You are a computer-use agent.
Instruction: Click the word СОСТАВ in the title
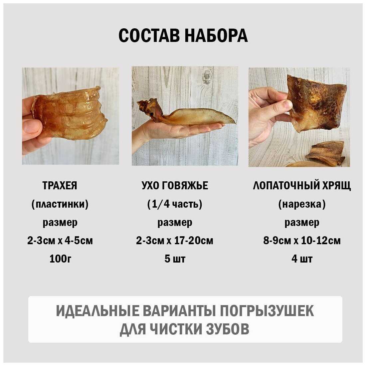[x=149, y=36]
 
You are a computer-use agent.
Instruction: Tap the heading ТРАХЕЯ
[x=60, y=186]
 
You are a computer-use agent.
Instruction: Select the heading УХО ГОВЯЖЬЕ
[x=175, y=186]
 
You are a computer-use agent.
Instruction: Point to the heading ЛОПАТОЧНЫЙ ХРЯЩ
[x=302, y=186]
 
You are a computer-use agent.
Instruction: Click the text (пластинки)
[x=60, y=204]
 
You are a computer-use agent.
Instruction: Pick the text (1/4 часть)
[x=175, y=204]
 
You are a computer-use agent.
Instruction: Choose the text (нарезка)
[x=302, y=204]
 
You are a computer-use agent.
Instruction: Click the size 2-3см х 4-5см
[x=60, y=241]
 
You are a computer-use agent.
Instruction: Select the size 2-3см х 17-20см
[x=175, y=241]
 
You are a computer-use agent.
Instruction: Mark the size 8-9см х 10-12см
[x=302, y=241]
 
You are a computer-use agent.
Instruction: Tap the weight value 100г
[x=60, y=259]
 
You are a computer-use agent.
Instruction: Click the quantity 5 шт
[x=175, y=259]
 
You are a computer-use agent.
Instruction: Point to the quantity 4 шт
[x=302, y=259]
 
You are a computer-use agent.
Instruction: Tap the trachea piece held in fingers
[x=70, y=114]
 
